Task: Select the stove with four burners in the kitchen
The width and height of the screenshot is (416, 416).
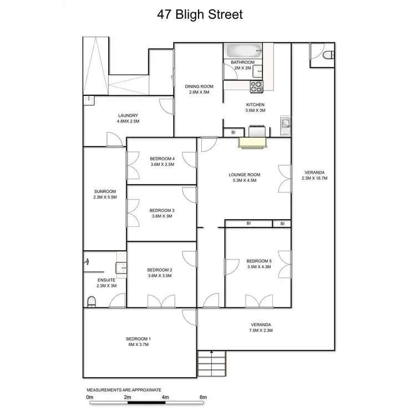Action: tap(257, 87)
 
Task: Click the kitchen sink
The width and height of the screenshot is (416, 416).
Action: tap(285, 124)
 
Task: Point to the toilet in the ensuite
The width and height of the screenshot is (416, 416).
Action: tap(90, 302)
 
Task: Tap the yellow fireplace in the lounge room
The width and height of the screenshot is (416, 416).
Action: tap(252, 143)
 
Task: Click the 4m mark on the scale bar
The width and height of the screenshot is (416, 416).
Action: tap(165, 397)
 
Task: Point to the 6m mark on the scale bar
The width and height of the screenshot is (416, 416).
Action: tap(203, 397)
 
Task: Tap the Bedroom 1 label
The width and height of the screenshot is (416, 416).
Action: tap(138, 339)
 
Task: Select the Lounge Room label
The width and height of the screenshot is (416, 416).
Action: tap(244, 175)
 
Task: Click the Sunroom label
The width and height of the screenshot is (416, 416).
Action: tap(105, 191)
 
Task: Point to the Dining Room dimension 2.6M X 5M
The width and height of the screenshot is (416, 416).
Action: tap(199, 92)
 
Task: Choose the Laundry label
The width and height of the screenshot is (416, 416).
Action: tap(128, 115)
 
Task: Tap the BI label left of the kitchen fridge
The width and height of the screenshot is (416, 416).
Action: tap(234, 133)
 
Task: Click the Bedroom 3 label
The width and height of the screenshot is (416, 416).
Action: tap(161, 210)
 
